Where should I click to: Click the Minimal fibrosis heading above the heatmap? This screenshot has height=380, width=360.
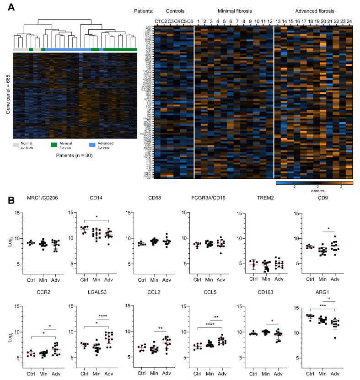coord(233,10)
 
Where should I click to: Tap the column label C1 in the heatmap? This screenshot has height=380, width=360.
coord(157,21)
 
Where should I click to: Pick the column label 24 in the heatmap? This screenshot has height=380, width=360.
coord(349,21)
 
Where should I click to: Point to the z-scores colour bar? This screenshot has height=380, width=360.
coord(314,182)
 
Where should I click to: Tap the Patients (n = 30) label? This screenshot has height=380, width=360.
coord(75,155)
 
